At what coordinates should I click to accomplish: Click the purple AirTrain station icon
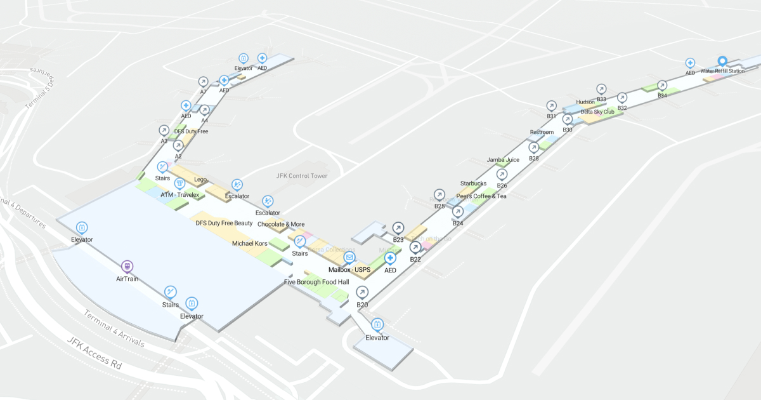click(127, 267)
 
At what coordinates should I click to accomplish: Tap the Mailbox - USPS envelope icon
click(349, 258)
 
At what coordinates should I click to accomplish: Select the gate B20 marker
click(362, 292)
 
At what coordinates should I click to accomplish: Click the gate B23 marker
click(398, 227)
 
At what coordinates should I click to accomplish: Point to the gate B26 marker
click(502, 174)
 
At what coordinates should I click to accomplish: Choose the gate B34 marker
click(662, 85)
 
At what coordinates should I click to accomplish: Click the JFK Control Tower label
click(302, 176)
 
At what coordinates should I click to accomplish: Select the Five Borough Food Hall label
click(316, 282)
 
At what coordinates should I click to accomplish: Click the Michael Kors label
click(250, 243)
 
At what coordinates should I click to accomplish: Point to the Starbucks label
click(473, 183)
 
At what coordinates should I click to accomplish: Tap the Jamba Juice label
click(503, 160)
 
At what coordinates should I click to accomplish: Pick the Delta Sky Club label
click(597, 112)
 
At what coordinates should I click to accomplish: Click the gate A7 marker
click(203, 82)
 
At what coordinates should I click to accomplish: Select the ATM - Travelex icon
click(179, 183)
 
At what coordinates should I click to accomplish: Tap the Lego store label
click(200, 180)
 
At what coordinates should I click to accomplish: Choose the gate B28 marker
click(534, 147)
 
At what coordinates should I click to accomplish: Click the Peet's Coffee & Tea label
click(481, 196)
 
